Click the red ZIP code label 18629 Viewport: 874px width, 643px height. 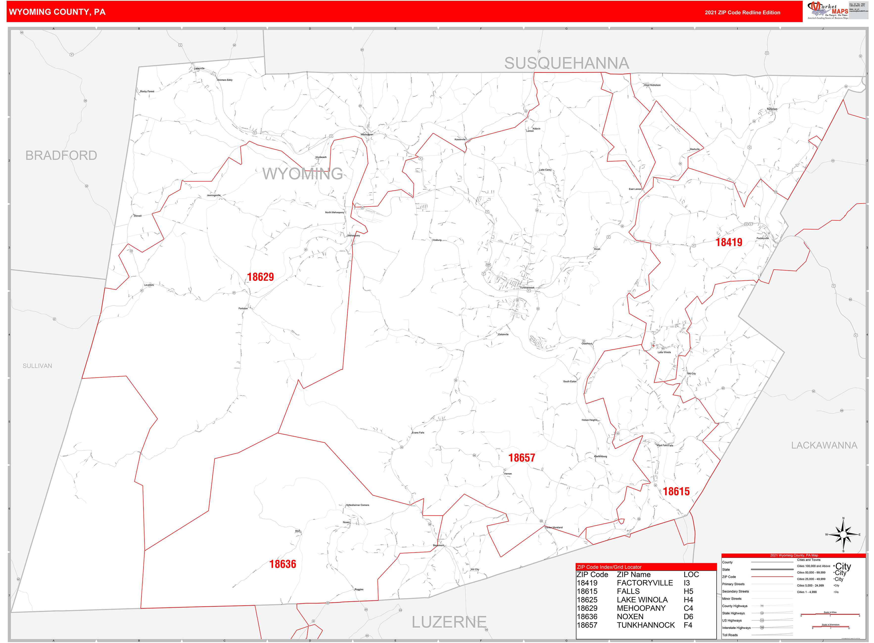coord(260,277)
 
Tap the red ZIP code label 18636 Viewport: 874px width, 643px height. coord(283,564)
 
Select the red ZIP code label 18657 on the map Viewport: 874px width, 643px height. coord(522,458)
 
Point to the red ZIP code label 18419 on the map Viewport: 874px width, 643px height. coord(729,243)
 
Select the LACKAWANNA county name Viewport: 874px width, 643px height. coord(824,445)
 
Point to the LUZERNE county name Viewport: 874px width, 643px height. coord(449,622)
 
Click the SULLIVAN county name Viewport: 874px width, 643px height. coord(37,366)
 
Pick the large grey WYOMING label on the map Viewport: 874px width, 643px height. coord(303,174)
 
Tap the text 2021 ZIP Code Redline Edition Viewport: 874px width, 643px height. coord(742,12)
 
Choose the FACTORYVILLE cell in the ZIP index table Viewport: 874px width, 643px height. coord(645,583)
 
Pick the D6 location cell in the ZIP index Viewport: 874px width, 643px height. coord(688,617)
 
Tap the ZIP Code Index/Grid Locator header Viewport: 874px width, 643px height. coord(609,567)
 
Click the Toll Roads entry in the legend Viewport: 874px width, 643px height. coord(730,635)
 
